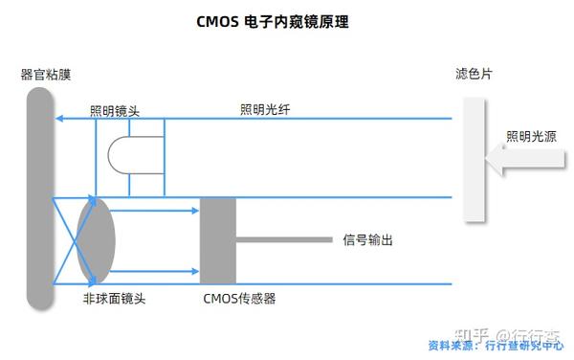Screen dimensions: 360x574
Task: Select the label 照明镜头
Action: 115,110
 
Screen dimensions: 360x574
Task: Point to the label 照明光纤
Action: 265,110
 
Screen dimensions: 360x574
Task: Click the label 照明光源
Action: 531,137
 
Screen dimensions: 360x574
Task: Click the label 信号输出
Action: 367,240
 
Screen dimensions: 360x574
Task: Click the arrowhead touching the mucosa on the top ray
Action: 58,119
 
